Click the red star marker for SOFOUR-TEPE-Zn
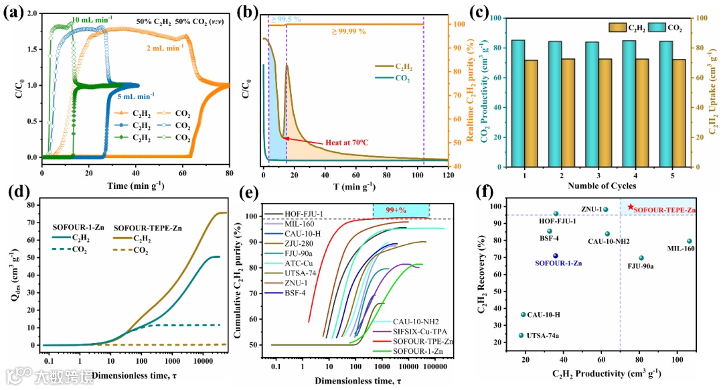pyautogui.click(x=630, y=207)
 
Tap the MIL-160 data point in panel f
pyautogui.click(x=690, y=241)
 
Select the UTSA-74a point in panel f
pyautogui.click(x=521, y=335)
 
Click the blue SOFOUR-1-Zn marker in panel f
pyautogui.click(x=555, y=256)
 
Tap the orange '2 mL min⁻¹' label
pyautogui.click(x=165, y=48)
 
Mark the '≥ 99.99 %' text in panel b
pyautogui.click(x=353, y=31)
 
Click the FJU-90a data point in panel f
pyautogui.click(x=641, y=258)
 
